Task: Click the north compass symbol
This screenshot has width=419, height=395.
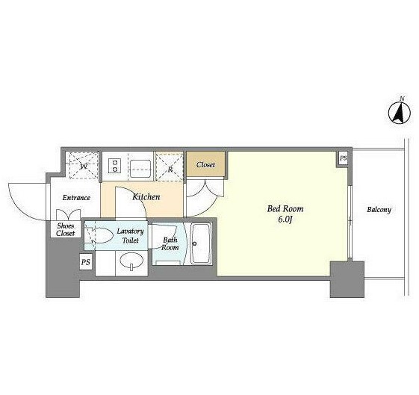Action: [x=400, y=113]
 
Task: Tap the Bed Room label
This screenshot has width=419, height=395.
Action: [x=285, y=208]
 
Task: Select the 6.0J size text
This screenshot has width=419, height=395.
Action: [x=285, y=220]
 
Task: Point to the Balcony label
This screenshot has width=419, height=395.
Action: [x=379, y=210]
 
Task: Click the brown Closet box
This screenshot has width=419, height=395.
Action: [x=205, y=164]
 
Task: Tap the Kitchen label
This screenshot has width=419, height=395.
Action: [x=146, y=197]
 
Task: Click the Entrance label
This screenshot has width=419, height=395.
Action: [x=76, y=198]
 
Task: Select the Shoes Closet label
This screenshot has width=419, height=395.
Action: [x=66, y=230]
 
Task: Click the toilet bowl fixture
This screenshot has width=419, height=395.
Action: [x=99, y=235]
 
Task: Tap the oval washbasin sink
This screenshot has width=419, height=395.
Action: [x=131, y=261]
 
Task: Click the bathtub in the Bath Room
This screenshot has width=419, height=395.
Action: [x=201, y=243]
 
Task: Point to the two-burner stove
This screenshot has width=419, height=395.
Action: [x=115, y=166]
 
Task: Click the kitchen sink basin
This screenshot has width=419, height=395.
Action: [x=140, y=168]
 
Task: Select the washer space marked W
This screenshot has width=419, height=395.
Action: [x=83, y=166]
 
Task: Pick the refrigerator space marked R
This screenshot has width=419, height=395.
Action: [x=170, y=166]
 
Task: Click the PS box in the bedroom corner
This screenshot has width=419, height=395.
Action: [x=343, y=158]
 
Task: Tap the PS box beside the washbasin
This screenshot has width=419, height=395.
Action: [x=86, y=262]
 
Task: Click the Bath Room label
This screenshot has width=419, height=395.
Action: [x=170, y=243]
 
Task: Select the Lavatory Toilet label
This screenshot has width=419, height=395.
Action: [x=131, y=235]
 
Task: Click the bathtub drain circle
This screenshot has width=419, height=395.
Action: [x=194, y=243]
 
